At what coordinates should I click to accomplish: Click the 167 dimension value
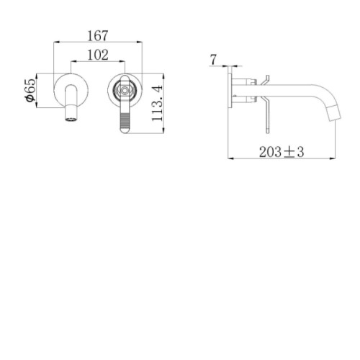point(98,36)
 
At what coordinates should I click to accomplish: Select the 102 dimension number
point(98,55)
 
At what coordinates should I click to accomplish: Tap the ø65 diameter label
point(30,90)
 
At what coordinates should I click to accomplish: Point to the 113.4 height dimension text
point(157,103)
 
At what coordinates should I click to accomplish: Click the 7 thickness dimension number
point(213,60)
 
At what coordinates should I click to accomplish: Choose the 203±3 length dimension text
point(282,152)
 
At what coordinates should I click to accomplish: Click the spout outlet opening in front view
point(71,120)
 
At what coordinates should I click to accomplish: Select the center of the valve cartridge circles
point(125,91)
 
